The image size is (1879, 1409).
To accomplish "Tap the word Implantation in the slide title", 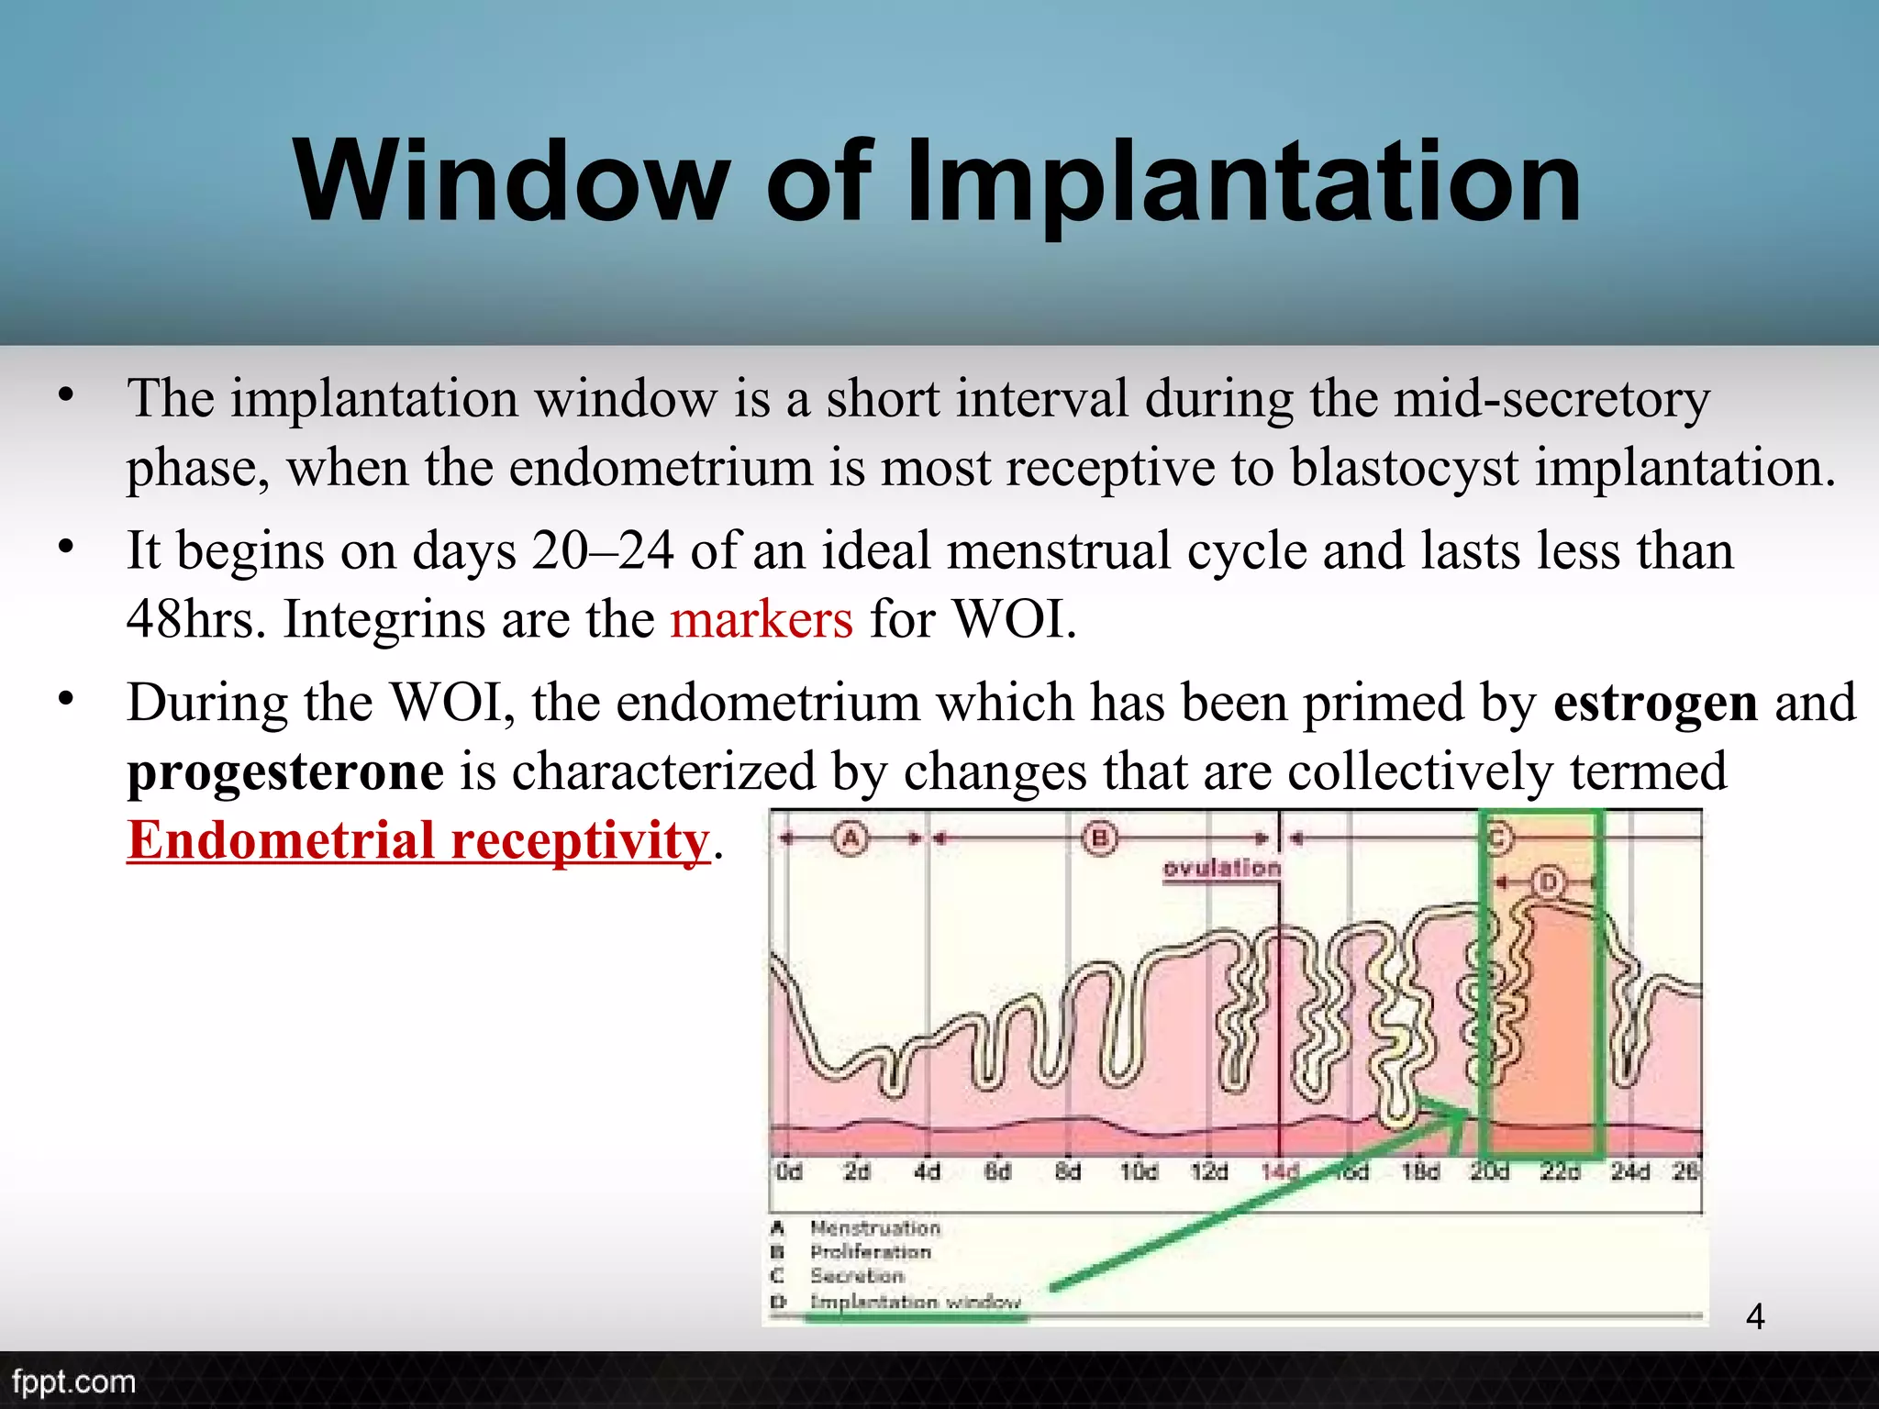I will (x=1243, y=181).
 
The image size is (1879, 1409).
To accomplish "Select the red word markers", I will (x=762, y=619).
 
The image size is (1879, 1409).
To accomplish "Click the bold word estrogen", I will (x=1655, y=703).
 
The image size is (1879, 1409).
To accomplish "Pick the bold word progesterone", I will (x=285, y=771).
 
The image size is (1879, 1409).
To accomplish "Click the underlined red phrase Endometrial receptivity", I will (x=418, y=840).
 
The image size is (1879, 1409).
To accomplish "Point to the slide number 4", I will (x=1755, y=1317).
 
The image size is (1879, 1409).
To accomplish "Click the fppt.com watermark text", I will (x=73, y=1381).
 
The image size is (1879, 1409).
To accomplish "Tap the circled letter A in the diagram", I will (x=851, y=838).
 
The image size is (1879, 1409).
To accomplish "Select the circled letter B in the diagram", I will (x=1099, y=838).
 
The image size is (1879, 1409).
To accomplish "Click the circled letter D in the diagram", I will (x=1549, y=882).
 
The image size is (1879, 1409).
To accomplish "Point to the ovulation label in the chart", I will (x=1221, y=868).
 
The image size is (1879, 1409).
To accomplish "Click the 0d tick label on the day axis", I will (x=788, y=1171).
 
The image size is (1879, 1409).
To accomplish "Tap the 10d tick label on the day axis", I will (x=1138, y=1171).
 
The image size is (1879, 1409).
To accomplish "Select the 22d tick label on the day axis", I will (x=1560, y=1171).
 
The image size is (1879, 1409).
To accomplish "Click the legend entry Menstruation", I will (x=875, y=1228).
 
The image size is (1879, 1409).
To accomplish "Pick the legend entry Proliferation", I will (x=870, y=1252).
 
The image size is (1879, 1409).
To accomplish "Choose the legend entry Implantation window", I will (x=915, y=1302).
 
